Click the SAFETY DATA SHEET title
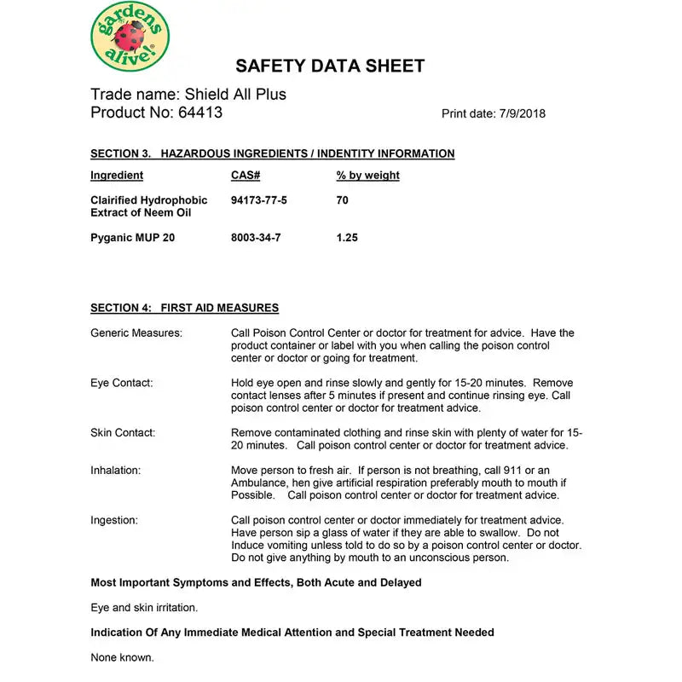click(329, 66)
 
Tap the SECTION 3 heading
click(272, 154)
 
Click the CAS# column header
click(245, 176)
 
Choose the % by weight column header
click(367, 176)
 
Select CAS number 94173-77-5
click(259, 200)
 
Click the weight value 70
click(343, 200)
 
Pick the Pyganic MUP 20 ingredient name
click(133, 238)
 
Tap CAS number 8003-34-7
click(256, 238)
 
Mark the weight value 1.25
click(347, 238)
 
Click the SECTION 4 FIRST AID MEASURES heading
click(184, 308)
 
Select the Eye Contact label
click(122, 383)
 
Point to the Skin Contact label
click(123, 433)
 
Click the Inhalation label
click(116, 471)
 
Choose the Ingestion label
click(114, 520)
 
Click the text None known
click(123, 657)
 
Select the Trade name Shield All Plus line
click(188, 94)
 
